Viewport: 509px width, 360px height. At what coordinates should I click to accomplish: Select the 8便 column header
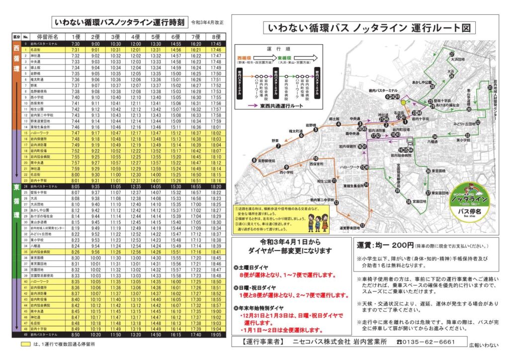point(216,37)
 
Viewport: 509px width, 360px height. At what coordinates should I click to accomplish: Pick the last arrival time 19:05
point(216,335)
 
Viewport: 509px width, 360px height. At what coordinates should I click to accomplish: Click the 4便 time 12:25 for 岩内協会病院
point(135,157)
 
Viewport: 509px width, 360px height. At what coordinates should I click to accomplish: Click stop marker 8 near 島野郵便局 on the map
point(254,160)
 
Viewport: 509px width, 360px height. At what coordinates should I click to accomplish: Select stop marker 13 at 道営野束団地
point(362,226)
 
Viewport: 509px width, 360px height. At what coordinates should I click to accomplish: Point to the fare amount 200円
point(399,245)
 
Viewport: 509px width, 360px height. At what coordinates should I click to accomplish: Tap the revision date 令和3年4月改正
point(208,23)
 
